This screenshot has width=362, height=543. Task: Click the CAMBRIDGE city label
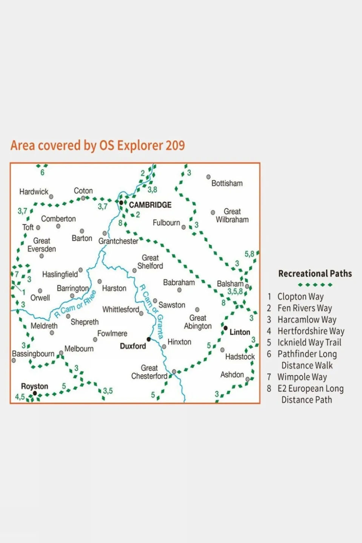(150, 205)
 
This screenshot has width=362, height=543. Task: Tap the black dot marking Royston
(35, 393)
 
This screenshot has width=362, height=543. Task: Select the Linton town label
(240, 332)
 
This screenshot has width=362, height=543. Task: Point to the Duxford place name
(133, 346)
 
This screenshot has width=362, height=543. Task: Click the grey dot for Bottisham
(208, 177)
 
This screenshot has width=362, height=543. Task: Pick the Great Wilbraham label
(232, 215)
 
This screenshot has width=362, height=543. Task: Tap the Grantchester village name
(118, 241)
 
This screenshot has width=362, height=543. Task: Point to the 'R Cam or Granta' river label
(151, 312)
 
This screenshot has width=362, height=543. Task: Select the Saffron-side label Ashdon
(232, 375)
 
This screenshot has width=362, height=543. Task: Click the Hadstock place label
(240, 357)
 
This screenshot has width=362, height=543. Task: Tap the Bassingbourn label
(33, 354)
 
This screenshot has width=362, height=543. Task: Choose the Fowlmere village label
(112, 334)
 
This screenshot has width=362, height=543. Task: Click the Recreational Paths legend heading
(315, 274)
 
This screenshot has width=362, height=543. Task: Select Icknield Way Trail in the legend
(309, 342)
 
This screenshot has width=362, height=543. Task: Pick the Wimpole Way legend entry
(302, 377)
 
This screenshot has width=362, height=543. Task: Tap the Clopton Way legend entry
(300, 297)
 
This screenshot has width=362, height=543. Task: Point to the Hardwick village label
(34, 192)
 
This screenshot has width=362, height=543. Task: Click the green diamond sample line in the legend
(315, 285)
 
